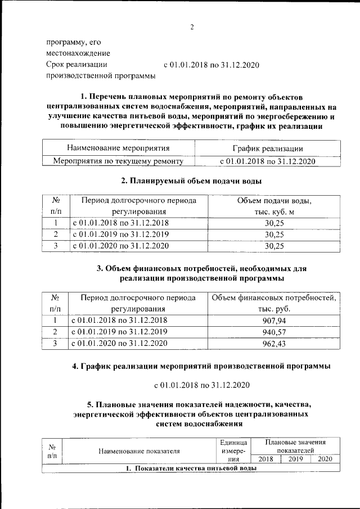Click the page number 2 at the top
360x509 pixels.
pos(192,28)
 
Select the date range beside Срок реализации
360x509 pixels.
pos(211,65)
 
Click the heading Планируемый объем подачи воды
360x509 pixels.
pos(191,181)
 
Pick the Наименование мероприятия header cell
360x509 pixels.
pos(118,148)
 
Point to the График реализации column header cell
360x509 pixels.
pos(268,148)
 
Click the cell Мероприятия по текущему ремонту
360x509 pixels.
pos(118,161)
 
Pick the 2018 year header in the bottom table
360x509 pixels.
pos(265,459)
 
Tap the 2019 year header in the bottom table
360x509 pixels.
pos(295,459)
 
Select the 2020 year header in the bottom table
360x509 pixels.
pos(325,459)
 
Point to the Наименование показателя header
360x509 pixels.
pos(139,451)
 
